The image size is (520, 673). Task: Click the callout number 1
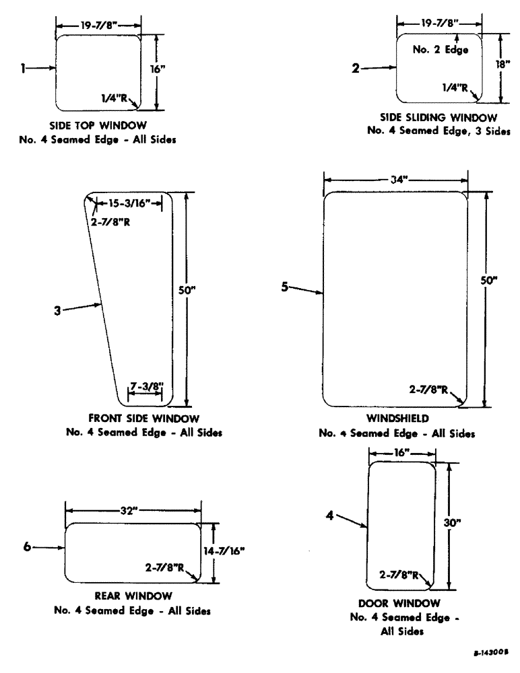[24, 67]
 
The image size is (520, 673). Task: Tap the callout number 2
[356, 67]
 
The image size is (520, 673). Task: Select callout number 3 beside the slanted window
[59, 312]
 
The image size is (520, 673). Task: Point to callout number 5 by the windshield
[285, 286]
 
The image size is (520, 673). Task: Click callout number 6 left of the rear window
[28, 547]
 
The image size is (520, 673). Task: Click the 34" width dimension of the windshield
[395, 179]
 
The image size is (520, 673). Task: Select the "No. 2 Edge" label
[441, 49]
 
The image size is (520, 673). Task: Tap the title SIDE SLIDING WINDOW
[438, 118]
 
